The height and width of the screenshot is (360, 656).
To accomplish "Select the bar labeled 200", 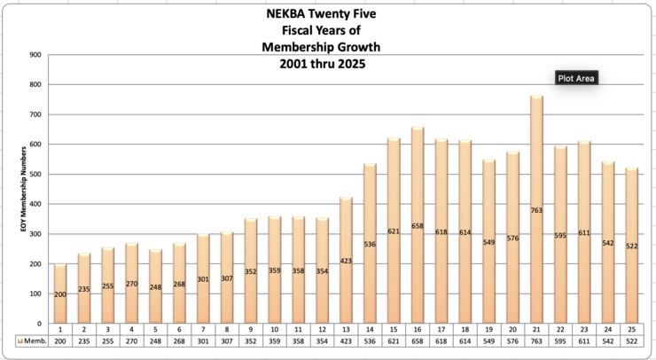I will point(60,266).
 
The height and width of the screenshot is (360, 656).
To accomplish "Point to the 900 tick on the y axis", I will point(35,55).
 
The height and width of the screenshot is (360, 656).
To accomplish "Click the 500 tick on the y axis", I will point(35,175).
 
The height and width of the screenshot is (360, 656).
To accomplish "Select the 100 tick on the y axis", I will point(35,294).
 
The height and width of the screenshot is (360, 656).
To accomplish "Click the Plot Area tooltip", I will point(576,78).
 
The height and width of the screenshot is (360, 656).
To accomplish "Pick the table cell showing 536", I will point(370,340).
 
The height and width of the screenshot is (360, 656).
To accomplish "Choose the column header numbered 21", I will point(536,329).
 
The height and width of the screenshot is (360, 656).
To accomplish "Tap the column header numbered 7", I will point(203,329).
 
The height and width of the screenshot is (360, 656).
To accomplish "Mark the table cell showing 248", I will point(155,340).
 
